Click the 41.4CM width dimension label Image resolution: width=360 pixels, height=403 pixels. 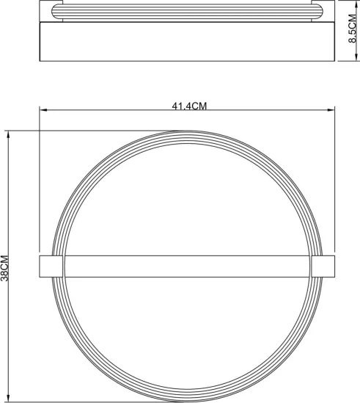189,106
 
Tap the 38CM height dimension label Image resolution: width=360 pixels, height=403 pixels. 4,268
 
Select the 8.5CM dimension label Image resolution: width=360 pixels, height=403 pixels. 353,29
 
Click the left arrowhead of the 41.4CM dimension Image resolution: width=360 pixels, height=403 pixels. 43,110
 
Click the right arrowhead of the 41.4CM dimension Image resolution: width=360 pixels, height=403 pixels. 331,110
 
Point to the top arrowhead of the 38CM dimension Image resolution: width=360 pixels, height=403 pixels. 9,134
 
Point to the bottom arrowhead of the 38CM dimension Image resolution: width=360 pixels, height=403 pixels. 9,399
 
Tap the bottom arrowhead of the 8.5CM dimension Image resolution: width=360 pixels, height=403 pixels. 356,57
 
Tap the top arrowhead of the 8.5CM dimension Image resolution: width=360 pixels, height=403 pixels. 356,4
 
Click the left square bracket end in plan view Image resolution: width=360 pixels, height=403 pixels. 51,266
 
